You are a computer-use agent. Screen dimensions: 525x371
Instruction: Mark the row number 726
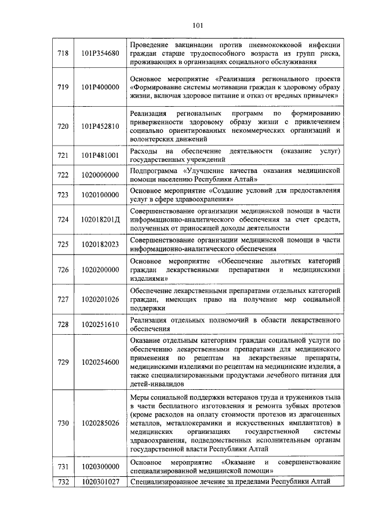pyautogui.click(x=63, y=269)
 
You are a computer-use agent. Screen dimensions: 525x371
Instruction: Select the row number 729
pyautogui.click(x=63, y=362)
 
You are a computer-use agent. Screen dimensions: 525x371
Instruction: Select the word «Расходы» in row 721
pyautogui.click(x=146, y=151)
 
